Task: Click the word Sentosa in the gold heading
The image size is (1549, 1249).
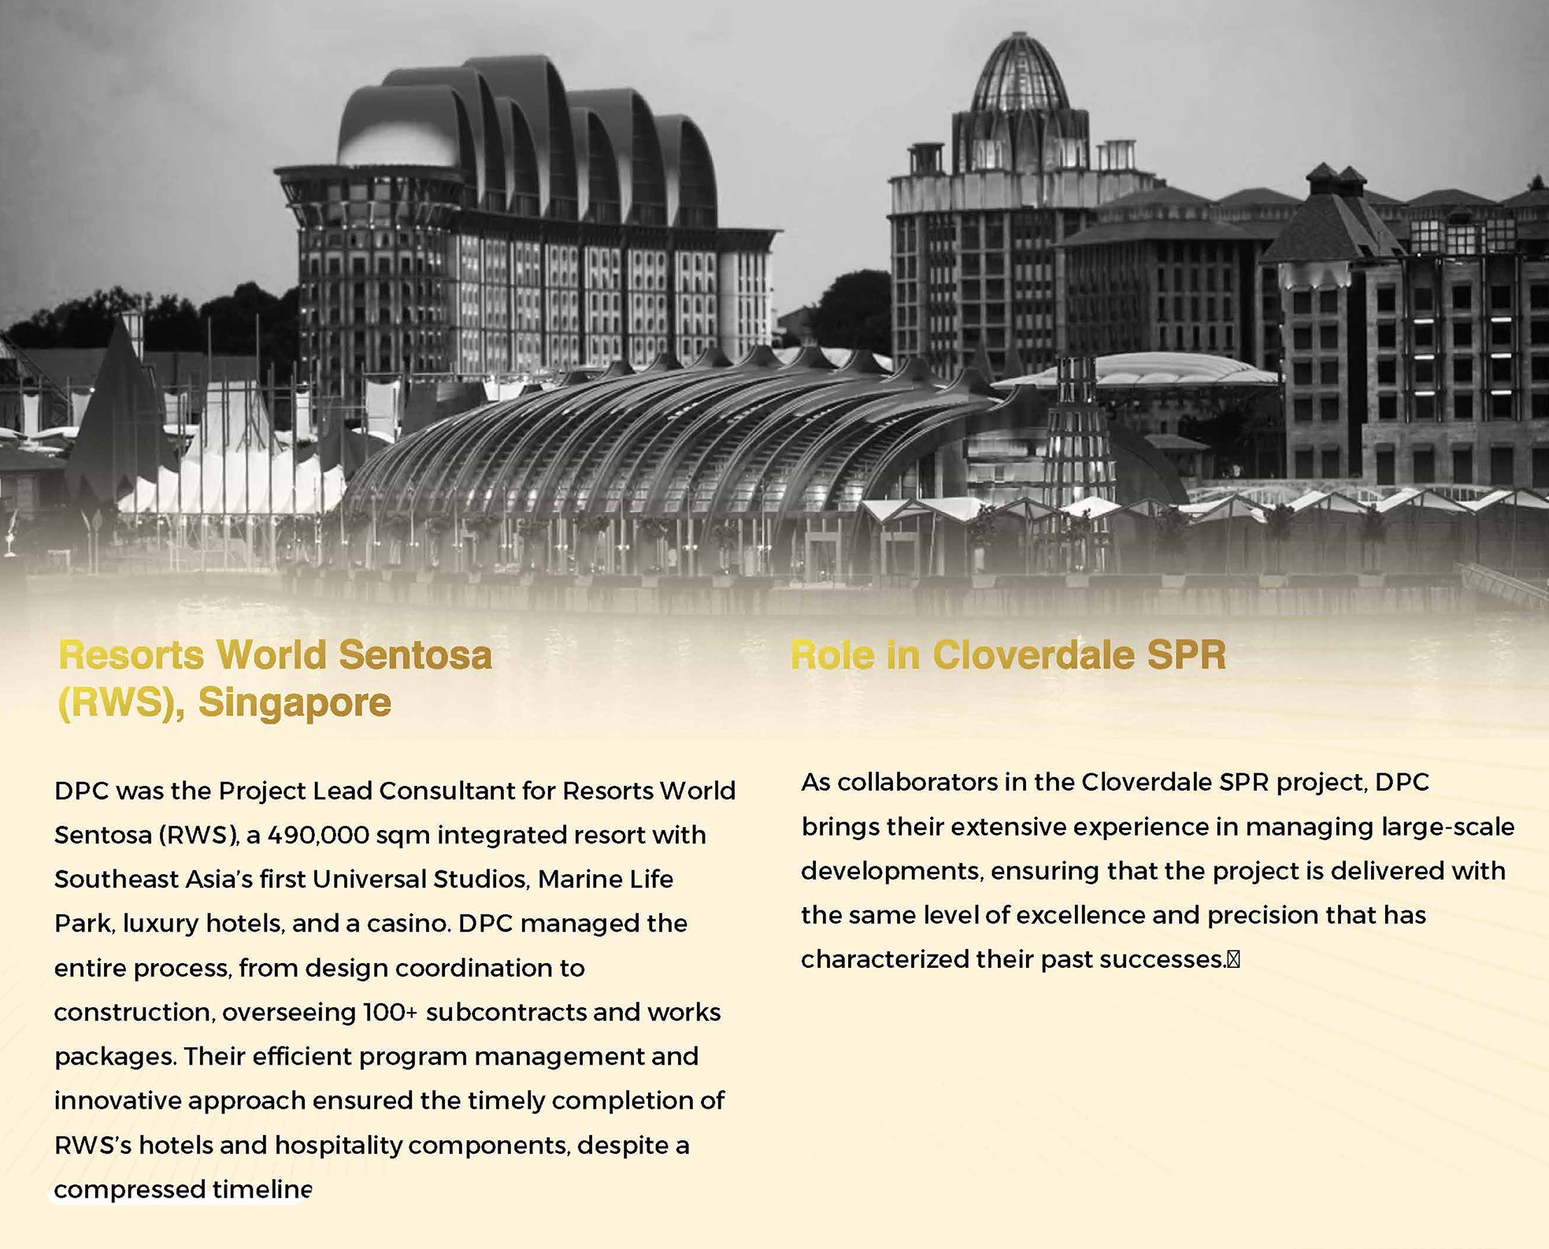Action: [x=415, y=655]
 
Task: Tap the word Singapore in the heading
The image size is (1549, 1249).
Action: [x=294, y=702]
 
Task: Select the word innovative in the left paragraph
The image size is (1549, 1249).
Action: [x=117, y=1100]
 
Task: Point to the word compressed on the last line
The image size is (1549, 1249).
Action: [x=118, y=1189]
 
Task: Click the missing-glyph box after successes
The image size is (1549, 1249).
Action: [x=1233, y=959]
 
